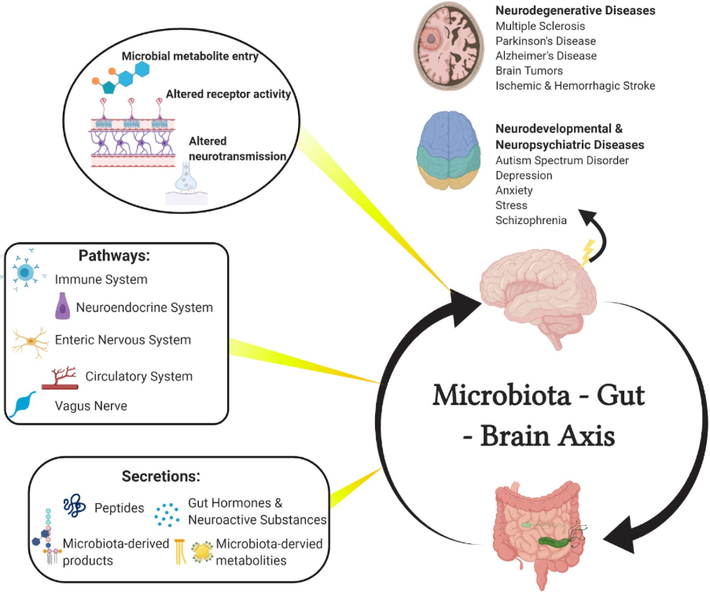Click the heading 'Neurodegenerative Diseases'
tap(575, 11)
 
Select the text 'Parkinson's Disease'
tap(546, 41)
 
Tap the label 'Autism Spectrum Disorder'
tap(561, 160)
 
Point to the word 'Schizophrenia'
tap(531, 220)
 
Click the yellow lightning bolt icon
tap(587, 252)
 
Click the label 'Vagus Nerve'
tap(91, 406)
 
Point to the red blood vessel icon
tap(60, 378)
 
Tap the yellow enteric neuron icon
tap(29, 341)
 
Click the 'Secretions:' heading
tap(160, 476)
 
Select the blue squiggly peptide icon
tap(75, 507)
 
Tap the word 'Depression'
tap(524, 175)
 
